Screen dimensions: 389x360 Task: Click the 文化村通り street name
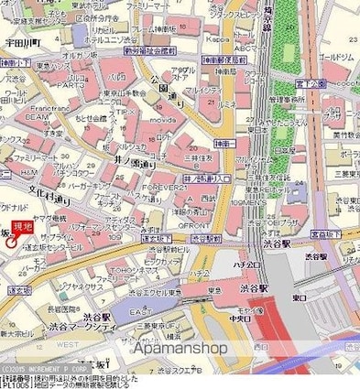click(x=51, y=196)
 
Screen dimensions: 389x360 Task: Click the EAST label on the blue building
click(x=138, y=311)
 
